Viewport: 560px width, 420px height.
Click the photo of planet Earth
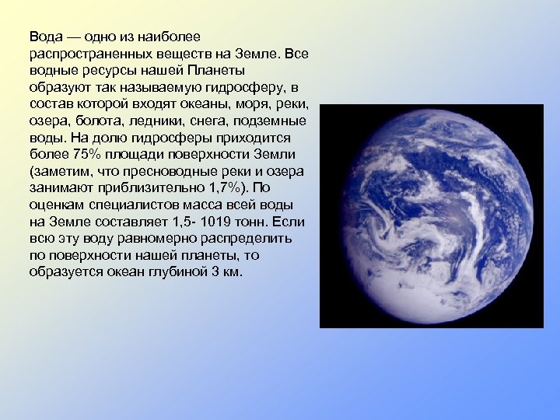pyautogui.click(x=432, y=216)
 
